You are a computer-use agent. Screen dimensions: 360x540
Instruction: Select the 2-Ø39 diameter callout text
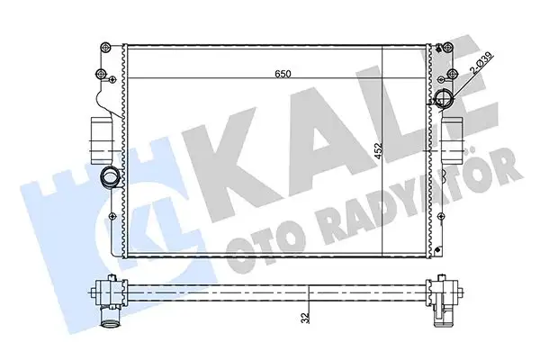coord(480,65)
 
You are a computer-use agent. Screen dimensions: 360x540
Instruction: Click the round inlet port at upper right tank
coord(445,101)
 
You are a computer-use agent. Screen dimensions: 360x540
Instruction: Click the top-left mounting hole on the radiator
coord(107,46)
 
